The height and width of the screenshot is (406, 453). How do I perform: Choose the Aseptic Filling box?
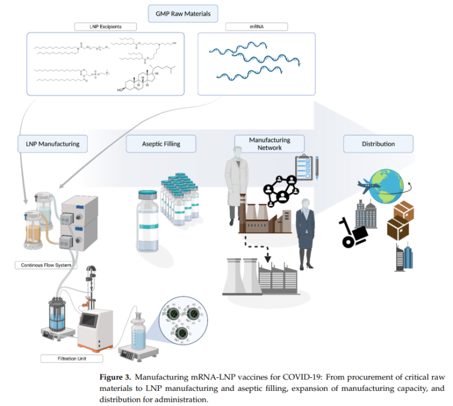[x=161, y=144]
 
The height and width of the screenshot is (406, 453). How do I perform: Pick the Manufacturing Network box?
[x=269, y=144]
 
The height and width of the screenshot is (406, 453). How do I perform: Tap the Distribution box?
[x=378, y=144]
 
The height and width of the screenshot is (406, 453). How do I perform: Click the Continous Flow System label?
[x=45, y=265]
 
